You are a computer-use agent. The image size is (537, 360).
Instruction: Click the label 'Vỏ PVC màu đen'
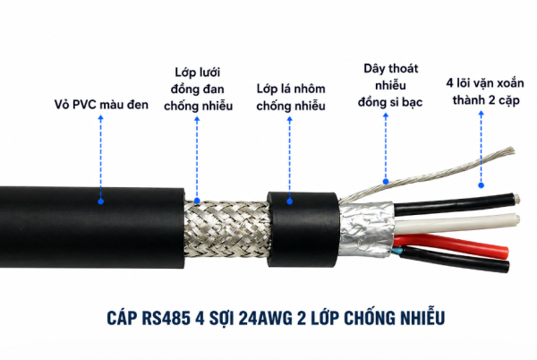(x=101, y=105)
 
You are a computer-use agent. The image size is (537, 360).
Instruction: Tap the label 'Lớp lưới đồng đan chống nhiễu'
(x=198, y=89)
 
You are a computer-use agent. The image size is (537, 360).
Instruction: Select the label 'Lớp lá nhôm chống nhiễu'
(x=291, y=98)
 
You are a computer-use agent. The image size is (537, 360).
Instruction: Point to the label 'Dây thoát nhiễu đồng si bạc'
(x=390, y=85)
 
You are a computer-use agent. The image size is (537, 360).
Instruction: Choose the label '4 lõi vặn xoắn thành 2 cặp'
(x=485, y=91)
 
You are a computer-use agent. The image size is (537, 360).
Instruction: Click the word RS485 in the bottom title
(x=166, y=318)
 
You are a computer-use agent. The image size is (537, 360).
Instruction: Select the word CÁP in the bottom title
(x=122, y=317)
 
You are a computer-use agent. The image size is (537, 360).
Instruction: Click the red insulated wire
(x=452, y=244)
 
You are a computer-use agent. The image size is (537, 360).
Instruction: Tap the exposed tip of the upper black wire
(x=516, y=198)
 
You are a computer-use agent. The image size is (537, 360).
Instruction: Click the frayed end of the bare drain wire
(x=509, y=151)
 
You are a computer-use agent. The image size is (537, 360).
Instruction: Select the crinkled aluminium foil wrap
(x=366, y=228)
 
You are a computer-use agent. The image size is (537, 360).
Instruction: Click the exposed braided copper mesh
(x=226, y=228)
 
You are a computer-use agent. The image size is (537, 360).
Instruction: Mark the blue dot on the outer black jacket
(x=100, y=201)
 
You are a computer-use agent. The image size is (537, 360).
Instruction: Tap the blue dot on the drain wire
(x=386, y=182)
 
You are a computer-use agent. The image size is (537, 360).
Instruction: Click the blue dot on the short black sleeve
(x=290, y=201)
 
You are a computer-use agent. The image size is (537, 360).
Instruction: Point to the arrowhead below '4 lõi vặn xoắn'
(x=482, y=114)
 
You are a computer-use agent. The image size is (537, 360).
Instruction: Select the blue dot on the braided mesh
(x=197, y=201)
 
